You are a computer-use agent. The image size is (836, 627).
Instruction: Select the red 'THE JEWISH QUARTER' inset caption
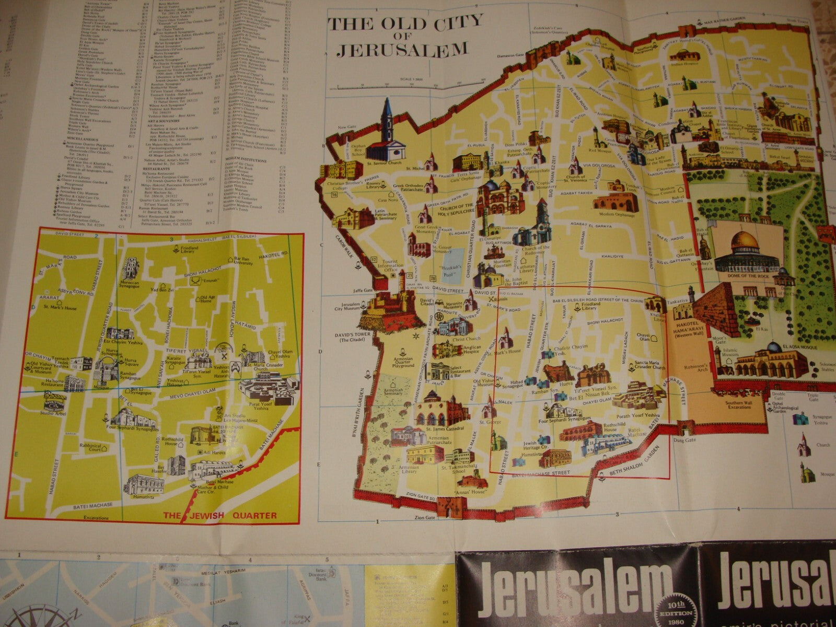point(220,515)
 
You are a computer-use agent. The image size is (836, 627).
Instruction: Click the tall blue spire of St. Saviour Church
point(387,118)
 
